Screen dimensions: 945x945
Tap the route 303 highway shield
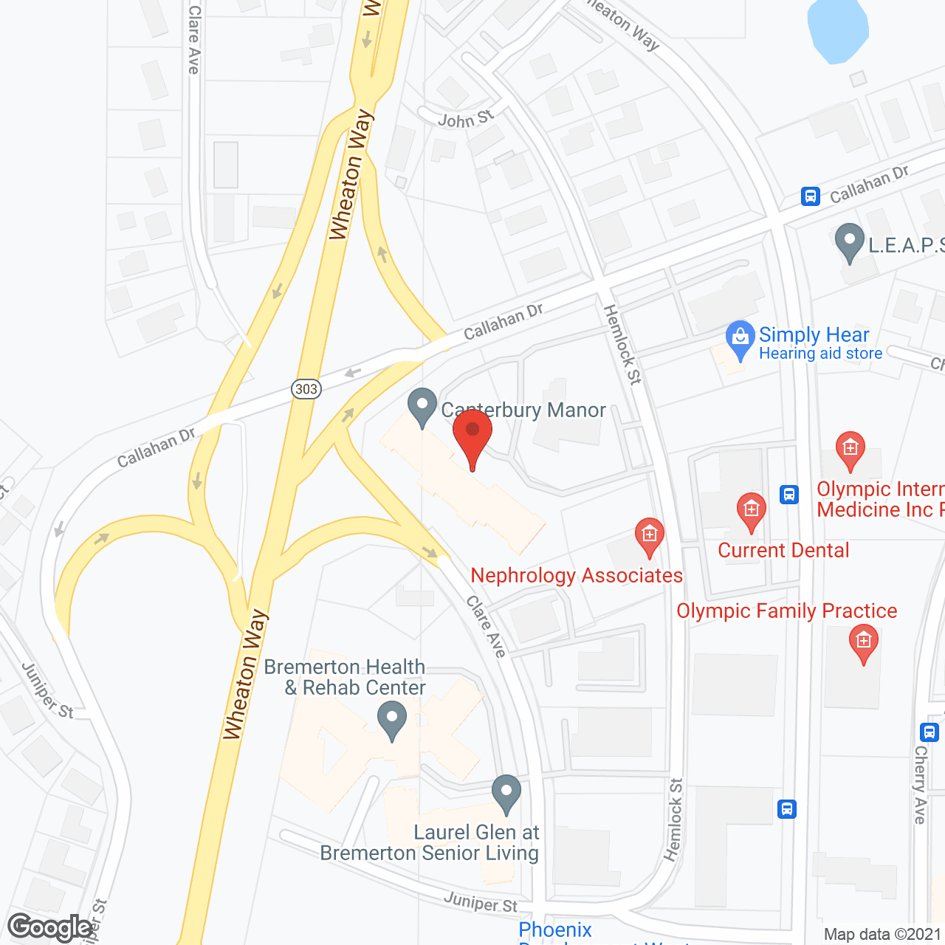306,389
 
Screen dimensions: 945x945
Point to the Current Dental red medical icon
752,511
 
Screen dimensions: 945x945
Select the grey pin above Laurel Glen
506,793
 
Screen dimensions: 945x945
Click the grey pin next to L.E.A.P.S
850,241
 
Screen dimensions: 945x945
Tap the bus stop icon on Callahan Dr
811,196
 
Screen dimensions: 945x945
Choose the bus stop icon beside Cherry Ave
929,732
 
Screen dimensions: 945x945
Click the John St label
465,119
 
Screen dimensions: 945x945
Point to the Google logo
50,927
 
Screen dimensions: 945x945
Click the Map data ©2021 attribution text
883,935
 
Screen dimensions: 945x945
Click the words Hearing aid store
820,354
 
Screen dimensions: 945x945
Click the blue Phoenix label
555,929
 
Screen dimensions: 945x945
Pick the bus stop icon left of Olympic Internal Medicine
789,494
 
